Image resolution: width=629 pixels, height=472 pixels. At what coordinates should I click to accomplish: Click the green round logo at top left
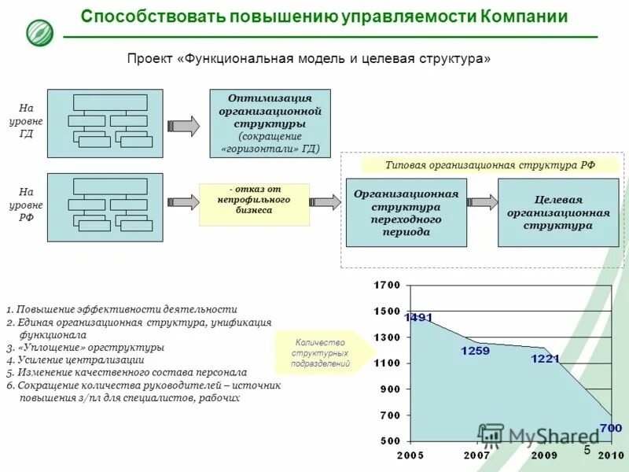pyautogui.click(x=39, y=32)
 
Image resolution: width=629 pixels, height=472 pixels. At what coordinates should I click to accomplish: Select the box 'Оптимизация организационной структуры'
pyautogui.click(x=270, y=124)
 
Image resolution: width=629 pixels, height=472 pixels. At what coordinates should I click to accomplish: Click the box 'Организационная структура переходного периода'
pyautogui.click(x=406, y=212)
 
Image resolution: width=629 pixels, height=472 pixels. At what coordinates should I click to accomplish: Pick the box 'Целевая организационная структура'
pyautogui.click(x=558, y=212)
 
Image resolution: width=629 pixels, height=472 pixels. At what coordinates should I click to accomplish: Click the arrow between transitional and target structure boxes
pyautogui.click(x=483, y=202)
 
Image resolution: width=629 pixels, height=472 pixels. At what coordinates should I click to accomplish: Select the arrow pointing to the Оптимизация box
pyautogui.click(x=184, y=124)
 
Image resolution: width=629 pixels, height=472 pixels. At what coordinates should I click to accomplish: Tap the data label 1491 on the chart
pyautogui.click(x=418, y=318)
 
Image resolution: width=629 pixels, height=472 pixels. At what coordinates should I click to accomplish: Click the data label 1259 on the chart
pyautogui.click(x=475, y=351)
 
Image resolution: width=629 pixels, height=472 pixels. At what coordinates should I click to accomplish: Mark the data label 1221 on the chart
pyautogui.click(x=545, y=359)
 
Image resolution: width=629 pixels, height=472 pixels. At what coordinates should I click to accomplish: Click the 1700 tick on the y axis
pyautogui.click(x=387, y=285)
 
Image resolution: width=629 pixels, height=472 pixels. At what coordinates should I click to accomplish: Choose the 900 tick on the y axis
pyautogui.click(x=391, y=389)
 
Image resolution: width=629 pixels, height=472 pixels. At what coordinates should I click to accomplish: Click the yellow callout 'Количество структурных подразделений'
pyautogui.click(x=321, y=353)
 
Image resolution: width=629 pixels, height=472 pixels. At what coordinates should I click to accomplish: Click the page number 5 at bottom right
pyautogui.click(x=587, y=450)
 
